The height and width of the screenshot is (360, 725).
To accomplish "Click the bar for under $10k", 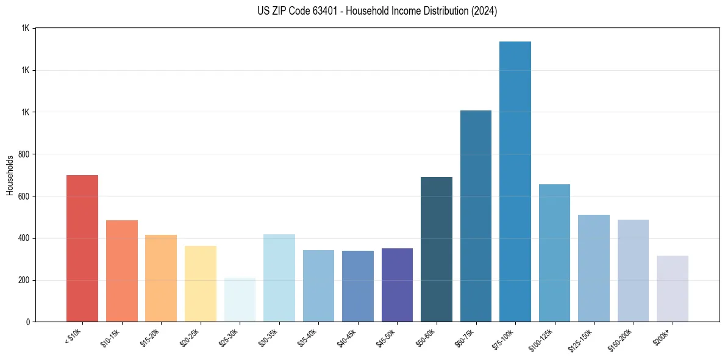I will (82, 248).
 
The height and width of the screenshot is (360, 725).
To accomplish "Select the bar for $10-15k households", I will (121, 271).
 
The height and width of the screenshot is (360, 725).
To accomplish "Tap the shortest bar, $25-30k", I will (240, 300).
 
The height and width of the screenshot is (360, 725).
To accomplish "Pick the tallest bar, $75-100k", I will (515, 181).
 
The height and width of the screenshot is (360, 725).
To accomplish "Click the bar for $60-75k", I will (476, 216).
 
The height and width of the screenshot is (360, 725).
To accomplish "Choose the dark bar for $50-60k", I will (436, 249).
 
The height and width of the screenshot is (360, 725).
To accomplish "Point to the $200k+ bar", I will (672, 289).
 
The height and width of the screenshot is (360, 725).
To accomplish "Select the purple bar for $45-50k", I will (397, 285).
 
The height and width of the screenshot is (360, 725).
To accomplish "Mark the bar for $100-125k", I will (554, 253).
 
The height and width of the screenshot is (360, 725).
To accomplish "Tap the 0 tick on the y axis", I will (28, 322).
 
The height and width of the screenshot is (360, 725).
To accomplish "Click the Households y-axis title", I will (10, 175).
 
